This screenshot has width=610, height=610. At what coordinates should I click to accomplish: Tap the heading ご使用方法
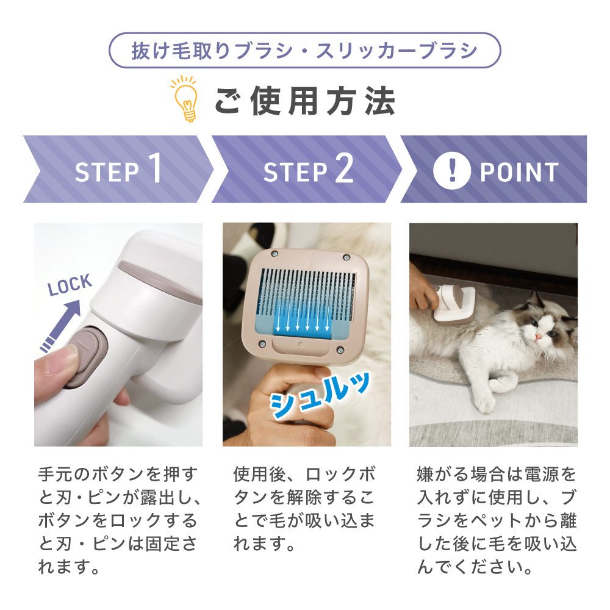(304, 101)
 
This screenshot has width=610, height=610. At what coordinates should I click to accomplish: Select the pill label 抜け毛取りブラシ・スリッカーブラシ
(304, 51)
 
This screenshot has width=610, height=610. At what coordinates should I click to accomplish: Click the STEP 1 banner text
(118, 170)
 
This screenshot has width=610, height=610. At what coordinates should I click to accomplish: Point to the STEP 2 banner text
(308, 170)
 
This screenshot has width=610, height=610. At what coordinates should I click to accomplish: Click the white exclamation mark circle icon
(451, 171)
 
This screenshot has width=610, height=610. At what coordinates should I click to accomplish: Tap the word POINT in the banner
(518, 172)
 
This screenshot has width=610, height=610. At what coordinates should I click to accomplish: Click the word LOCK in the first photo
(70, 285)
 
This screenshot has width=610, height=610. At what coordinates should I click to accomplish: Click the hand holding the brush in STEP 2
(287, 403)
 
